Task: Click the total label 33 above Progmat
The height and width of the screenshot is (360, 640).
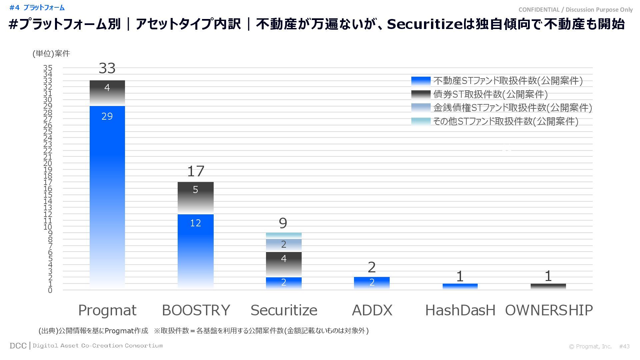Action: pyautogui.click(x=107, y=68)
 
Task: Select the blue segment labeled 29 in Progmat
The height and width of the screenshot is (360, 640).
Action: pyautogui.click(x=107, y=197)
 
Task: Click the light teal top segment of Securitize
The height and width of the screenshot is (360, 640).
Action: pyautogui.click(x=284, y=235)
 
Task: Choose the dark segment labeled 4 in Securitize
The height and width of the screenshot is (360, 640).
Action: pyautogui.click(x=284, y=264)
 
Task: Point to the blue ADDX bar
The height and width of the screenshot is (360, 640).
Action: pyautogui.click(x=372, y=283)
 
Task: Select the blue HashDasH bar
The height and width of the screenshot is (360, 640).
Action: pyautogui.click(x=460, y=286)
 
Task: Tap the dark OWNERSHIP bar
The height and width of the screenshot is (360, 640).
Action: pyautogui.click(x=548, y=286)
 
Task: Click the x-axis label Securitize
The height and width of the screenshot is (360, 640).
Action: pyautogui.click(x=284, y=310)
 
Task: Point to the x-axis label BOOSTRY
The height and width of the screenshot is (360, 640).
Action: pyautogui.click(x=196, y=310)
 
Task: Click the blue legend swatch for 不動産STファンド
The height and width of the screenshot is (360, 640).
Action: pyautogui.click(x=421, y=81)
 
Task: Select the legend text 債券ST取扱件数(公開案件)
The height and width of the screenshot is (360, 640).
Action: pyautogui.click(x=490, y=94)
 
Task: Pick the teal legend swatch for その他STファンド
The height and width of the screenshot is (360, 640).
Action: pyautogui.click(x=421, y=121)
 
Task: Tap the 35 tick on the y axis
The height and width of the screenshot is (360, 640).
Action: pyautogui.click(x=48, y=68)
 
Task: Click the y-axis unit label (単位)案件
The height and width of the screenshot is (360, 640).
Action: pyautogui.click(x=51, y=54)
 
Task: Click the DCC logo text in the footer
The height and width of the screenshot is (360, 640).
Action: pyautogui.click(x=18, y=346)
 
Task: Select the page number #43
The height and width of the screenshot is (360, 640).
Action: pyautogui.click(x=624, y=346)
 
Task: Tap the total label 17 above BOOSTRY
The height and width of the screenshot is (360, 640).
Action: pyautogui.click(x=196, y=171)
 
